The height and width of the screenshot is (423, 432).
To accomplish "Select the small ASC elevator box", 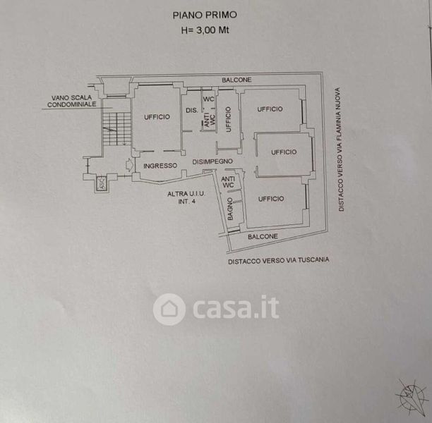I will (x=101, y=183).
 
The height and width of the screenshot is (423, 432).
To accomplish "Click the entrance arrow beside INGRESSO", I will (x=128, y=165).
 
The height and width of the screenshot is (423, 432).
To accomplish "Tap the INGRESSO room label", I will (x=160, y=166).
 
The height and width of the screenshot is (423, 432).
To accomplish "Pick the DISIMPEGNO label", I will (x=215, y=162).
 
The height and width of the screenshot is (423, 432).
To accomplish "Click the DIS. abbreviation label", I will (x=191, y=111).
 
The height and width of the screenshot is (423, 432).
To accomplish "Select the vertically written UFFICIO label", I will (x=228, y=118).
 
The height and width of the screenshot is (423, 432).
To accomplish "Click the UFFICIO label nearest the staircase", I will (x=156, y=117).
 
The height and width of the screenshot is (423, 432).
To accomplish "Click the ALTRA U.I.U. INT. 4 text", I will (x=186, y=197).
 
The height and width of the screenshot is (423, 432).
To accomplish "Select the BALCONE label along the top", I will (x=236, y=80).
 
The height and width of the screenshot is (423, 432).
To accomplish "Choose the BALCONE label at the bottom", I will (x=263, y=237).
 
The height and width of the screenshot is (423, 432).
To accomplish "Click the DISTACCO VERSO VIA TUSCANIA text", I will (x=278, y=259).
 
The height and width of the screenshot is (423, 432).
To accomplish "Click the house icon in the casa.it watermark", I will (x=169, y=309).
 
